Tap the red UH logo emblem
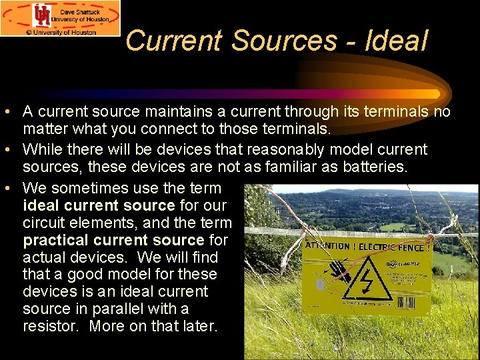click(x=43, y=16)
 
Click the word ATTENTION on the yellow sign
click(x=327, y=246)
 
